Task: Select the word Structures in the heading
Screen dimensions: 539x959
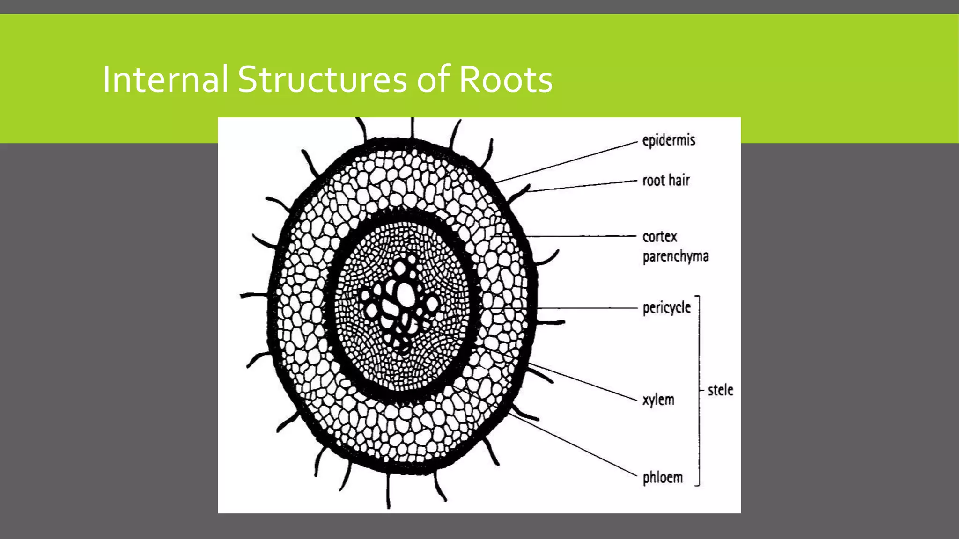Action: coord(323,80)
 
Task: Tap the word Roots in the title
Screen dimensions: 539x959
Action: coord(505,80)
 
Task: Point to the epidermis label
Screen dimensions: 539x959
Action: coord(669,140)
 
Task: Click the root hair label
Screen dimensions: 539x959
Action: coord(666,181)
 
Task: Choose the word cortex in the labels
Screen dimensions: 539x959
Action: coord(660,237)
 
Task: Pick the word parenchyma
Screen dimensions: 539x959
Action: coord(675,256)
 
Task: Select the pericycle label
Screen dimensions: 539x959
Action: coord(666,308)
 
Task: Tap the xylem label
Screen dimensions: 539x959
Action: coord(658,400)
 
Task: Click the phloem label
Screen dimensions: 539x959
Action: coord(663,478)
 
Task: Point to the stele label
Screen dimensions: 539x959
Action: coord(720,390)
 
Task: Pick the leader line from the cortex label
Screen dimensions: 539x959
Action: coord(581,236)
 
